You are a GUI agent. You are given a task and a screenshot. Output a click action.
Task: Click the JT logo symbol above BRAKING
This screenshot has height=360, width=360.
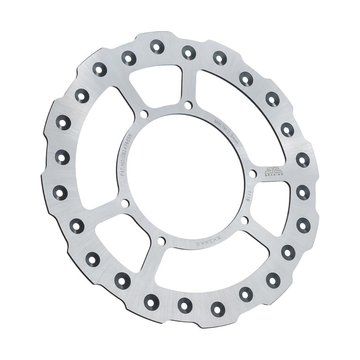(272, 170)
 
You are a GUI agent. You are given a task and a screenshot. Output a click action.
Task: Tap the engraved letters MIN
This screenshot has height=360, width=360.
(218, 123)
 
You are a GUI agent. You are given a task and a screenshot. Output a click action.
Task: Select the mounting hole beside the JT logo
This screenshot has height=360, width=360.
(253, 174)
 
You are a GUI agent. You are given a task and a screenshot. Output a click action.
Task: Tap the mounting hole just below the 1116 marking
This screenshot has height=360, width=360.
(244, 220)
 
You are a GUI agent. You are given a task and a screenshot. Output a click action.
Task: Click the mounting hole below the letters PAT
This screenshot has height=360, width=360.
(124, 203)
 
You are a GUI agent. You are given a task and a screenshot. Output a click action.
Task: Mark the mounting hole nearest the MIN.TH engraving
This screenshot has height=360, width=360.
(188, 105)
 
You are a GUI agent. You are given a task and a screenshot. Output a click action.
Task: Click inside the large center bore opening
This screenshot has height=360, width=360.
(186, 174)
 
